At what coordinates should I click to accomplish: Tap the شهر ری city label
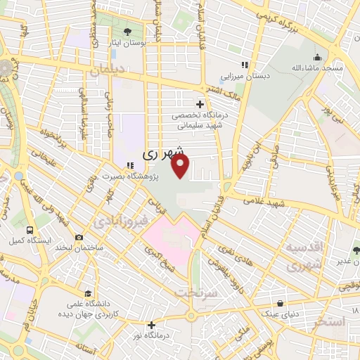tap(163, 152)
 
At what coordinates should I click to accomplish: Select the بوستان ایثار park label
tap(127, 44)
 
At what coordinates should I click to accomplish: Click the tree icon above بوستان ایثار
tap(127, 32)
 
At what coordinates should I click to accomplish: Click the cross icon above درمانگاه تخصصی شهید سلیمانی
tap(200, 104)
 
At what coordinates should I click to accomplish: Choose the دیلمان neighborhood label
tap(107, 72)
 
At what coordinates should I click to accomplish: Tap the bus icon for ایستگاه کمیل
tap(30, 230)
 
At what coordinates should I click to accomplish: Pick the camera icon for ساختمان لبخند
tap(79, 238)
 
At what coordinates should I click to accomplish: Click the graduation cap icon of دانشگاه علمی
tap(88, 294)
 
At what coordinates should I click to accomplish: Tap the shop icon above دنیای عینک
tap(282, 304)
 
